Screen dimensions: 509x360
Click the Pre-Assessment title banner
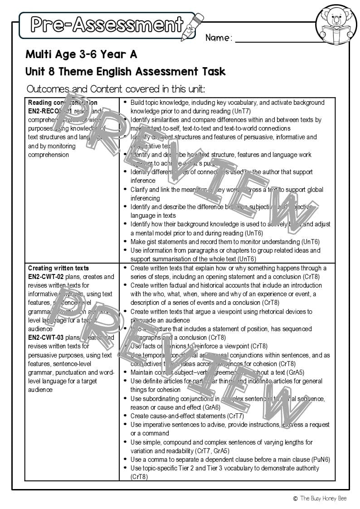(107, 24)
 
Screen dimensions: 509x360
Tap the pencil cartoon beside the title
(192, 26)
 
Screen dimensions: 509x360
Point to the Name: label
(219, 38)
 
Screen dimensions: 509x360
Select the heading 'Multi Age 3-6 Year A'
(81, 55)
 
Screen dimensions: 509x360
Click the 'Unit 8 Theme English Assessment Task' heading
(125, 72)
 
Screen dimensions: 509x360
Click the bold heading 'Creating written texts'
(58, 268)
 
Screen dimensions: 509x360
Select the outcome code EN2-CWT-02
(46, 277)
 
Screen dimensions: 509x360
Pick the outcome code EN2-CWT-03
(46, 338)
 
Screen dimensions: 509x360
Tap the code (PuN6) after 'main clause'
(321, 460)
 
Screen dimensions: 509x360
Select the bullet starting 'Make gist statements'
(222, 242)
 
